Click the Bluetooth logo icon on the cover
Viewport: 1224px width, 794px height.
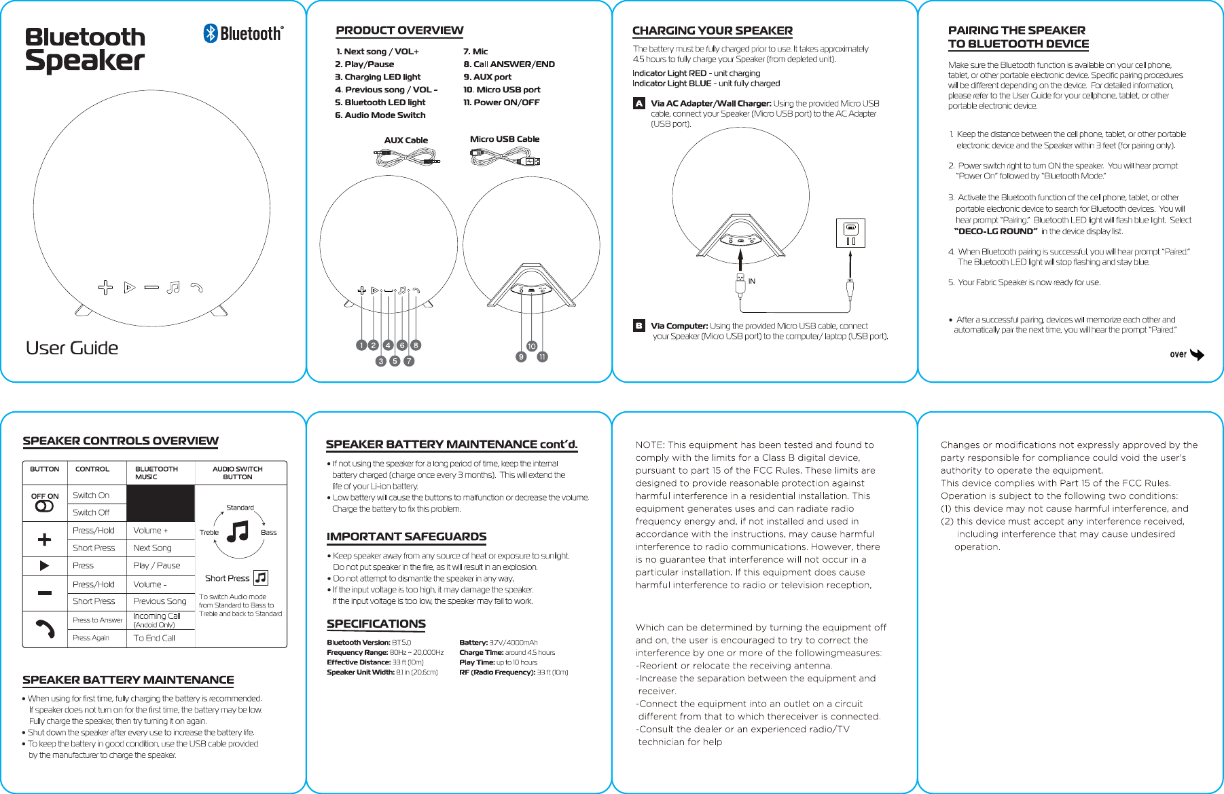click(x=211, y=33)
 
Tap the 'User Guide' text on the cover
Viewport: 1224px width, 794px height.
click(x=72, y=348)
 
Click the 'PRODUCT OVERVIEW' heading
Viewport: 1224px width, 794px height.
click(x=399, y=31)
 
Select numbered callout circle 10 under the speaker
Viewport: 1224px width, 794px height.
click(x=531, y=346)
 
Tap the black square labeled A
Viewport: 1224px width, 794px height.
click(x=638, y=104)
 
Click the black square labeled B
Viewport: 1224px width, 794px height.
click(x=638, y=326)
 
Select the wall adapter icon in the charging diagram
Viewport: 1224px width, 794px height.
click(x=850, y=233)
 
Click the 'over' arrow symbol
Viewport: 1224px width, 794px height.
click(x=1197, y=355)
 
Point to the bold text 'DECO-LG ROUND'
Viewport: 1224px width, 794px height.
click(x=996, y=231)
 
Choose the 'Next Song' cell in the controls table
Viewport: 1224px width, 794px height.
click(x=152, y=548)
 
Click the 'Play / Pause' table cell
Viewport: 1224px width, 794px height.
click(x=157, y=565)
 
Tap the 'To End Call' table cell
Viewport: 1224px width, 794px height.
click(x=154, y=638)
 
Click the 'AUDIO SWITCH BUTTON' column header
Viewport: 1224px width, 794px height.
click(x=238, y=473)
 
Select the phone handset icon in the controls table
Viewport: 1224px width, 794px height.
click(x=45, y=629)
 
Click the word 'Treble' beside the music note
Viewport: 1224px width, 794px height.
click(x=209, y=533)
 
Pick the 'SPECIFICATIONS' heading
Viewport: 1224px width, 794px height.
click(x=376, y=624)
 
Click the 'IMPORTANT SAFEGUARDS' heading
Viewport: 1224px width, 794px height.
click(x=406, y=537)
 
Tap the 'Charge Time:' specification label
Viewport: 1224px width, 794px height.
click(x=481, y=653)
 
